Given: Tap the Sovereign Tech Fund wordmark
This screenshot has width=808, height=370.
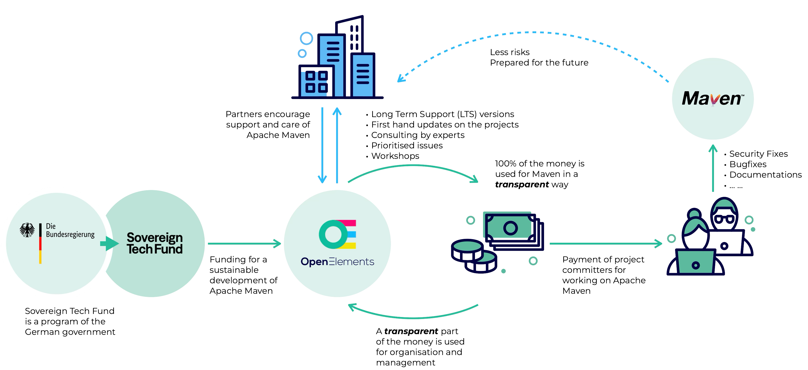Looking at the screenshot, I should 154,243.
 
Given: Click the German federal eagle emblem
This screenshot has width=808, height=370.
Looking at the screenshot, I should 27,230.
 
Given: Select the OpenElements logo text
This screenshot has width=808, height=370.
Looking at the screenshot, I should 337,261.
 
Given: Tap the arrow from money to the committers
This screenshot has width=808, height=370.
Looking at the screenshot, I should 605,243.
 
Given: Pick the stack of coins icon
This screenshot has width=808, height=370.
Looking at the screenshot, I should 474,256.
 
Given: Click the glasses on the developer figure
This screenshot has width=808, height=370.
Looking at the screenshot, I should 724,219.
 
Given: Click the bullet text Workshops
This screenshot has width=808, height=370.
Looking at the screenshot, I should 395,156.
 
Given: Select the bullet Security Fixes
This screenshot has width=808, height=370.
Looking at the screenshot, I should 758,154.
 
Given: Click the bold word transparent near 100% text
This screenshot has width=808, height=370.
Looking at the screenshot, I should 522,185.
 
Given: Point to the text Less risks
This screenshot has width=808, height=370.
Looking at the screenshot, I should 510,52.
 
